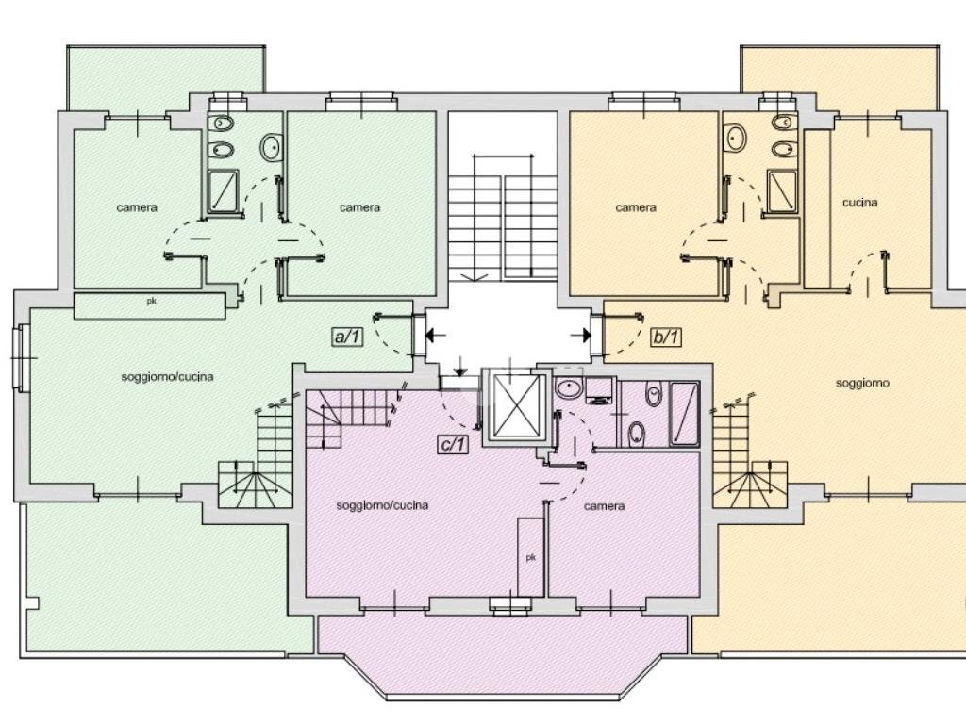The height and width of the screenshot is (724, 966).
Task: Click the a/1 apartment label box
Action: pos(347,337)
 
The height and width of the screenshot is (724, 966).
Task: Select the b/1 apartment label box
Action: pos(665,337)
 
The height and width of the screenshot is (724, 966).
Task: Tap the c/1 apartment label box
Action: pos(453,444)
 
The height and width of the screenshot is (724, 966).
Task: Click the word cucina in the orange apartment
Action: pos(860,203)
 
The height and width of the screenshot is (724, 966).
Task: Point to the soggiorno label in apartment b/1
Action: pos(862,384)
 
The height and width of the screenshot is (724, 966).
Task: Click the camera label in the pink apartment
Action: pos(605,506)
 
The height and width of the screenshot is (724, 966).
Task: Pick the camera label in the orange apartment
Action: pos(636,208)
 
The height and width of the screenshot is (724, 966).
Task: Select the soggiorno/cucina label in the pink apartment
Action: pos(382,505)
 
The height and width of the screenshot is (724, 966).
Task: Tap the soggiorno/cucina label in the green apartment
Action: pos(168,377)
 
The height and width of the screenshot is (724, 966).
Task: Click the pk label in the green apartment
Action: pos(151,302)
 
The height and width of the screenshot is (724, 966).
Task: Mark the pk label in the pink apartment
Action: pos(530,558)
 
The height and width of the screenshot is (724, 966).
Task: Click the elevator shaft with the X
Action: pos(517,405)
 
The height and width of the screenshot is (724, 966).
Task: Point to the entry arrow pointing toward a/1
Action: pos(436,336)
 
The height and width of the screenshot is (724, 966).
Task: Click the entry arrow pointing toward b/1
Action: pos(581,336)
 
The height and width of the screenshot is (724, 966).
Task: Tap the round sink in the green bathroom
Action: pos(271,148)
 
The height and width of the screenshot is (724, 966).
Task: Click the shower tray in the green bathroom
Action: pos(223,191)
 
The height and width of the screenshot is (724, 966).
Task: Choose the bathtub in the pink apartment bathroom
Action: pos(684,414)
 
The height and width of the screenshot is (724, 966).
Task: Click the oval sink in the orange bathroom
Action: pos(734,138)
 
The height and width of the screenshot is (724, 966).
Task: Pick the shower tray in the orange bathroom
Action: pos(781,190)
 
